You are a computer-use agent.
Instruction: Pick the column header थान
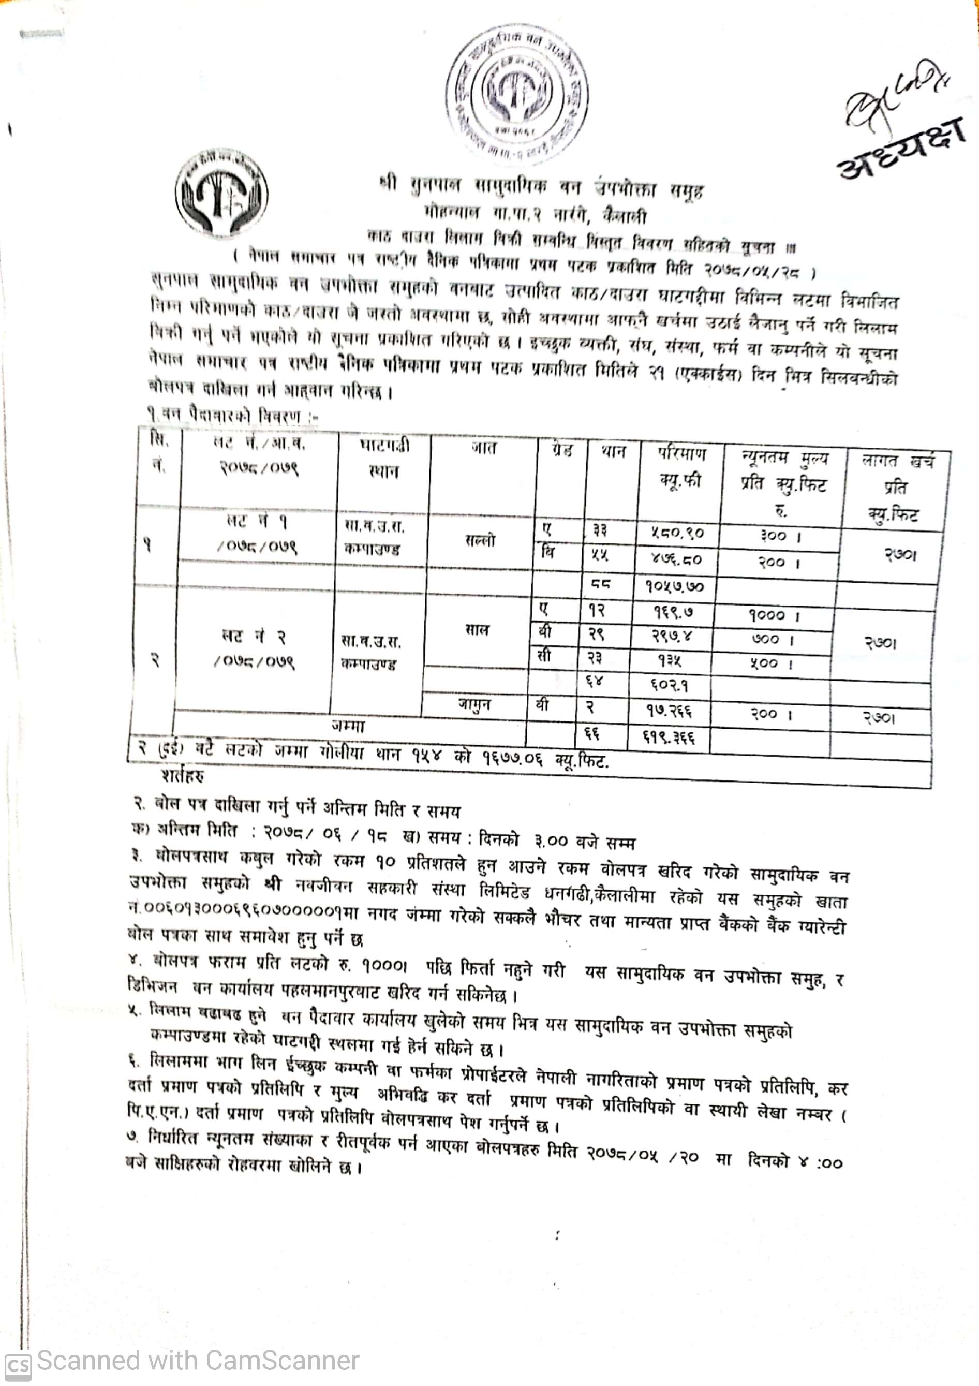click(x=613, y=451)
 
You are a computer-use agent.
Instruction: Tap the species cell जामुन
click(x=474, y=704)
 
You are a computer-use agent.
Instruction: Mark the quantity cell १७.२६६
click(x=670, y=712)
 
